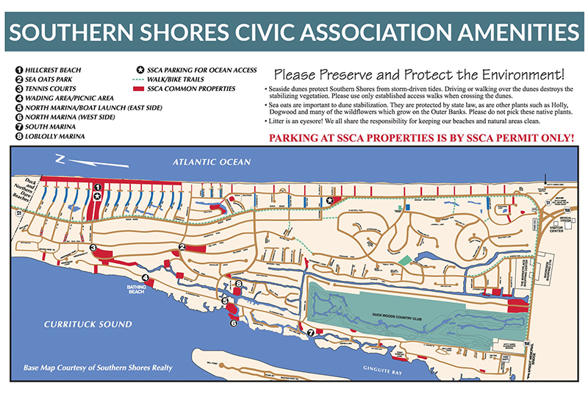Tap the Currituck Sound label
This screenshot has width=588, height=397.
[87, 324]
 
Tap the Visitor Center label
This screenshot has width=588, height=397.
[561, 228]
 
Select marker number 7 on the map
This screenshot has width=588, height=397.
[311, 333]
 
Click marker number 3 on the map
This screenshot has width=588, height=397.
[94, 248]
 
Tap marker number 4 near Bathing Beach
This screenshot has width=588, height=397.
[146, 277]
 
